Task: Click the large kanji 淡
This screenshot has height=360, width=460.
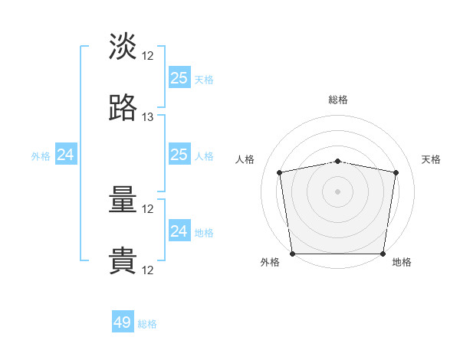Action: coord(123,46)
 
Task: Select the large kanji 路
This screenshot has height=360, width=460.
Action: coord(123,107)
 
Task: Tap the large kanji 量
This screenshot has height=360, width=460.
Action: coord(123,199)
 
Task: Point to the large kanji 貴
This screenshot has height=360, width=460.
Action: coord(123,260)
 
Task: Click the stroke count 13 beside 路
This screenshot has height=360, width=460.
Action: coord(147,117)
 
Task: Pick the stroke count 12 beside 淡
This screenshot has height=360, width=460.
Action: coord(147,56)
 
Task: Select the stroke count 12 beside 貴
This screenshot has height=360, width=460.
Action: coord(147,270)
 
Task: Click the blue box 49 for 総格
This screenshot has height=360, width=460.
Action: coord(123,321)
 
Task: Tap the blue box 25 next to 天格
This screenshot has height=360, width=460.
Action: coord(179,77)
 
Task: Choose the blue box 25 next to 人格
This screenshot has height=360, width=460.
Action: coord(179,154)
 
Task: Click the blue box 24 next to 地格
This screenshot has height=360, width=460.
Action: coord(179,230)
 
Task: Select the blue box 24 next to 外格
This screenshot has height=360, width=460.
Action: coord(66,154)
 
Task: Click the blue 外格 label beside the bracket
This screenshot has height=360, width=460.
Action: coord(41,156)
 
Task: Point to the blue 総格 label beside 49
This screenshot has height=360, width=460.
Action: coord(147,324)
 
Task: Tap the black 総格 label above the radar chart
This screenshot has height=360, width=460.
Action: coord(338,100)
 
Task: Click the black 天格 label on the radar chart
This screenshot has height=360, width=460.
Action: coord(431,159)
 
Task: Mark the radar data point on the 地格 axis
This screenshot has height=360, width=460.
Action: coord(383,254)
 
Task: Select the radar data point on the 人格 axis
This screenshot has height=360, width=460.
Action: coord(279,172)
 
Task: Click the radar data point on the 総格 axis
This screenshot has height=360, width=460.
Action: coord(337,162)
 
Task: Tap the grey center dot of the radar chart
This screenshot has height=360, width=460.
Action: coord(337,191)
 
